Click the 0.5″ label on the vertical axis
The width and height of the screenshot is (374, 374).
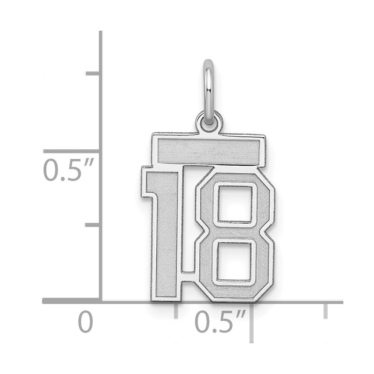[x=68, y=169]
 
